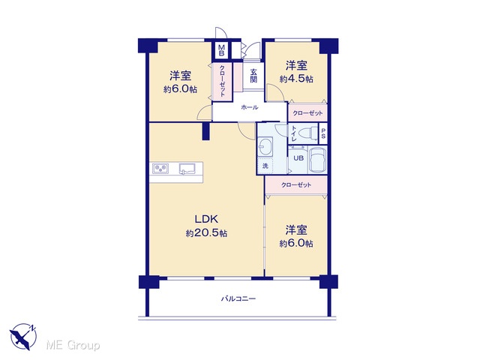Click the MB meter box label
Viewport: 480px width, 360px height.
click(x=221, y=50)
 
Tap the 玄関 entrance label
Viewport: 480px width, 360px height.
click(x=253, y=76)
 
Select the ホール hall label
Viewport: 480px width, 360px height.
click(x=250, y=107)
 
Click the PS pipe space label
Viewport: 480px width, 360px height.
click(x=323, y=133)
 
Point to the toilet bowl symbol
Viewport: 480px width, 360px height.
click(x=307, y=133)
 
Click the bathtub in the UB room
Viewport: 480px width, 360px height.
click(x=318, y=160)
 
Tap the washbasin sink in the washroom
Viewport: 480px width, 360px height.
click(x=265, y=146)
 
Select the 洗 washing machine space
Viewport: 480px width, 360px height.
click(x=265, y=166)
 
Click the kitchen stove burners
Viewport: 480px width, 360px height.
click(x=160, y=169)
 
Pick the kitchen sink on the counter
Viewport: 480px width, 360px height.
click(x=187, y=169)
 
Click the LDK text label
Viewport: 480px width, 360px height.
click(x=206, y=219)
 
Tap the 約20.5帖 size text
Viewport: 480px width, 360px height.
click(x=206, y=233)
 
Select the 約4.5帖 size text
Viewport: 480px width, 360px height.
click(x=296, y=79)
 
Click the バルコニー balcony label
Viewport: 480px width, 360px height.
click(x=238, y=298)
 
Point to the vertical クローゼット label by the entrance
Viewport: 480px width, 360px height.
click(x=223, y=81)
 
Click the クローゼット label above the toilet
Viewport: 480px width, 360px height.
click(x=307, y=113)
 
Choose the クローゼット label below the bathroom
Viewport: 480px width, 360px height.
click(x=296, y=185)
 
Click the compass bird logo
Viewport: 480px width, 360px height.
click(x=23, y=337)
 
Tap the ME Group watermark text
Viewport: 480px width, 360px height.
click(x=73, y=345)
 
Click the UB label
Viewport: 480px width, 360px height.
click(x=298, y=158)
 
